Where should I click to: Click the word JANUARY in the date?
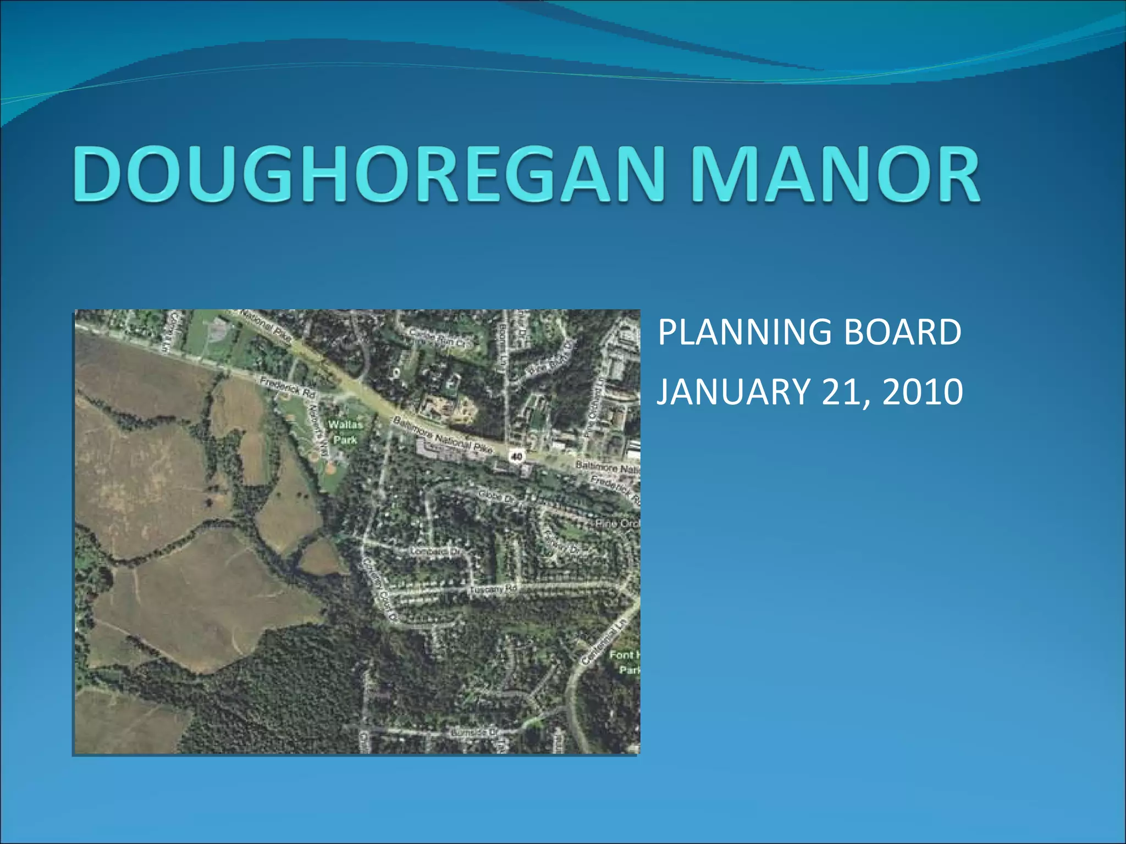click(733, 392)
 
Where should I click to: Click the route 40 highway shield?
click(517, 455)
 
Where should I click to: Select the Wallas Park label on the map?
click(345, 432)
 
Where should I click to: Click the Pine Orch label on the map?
click(617, 524)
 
